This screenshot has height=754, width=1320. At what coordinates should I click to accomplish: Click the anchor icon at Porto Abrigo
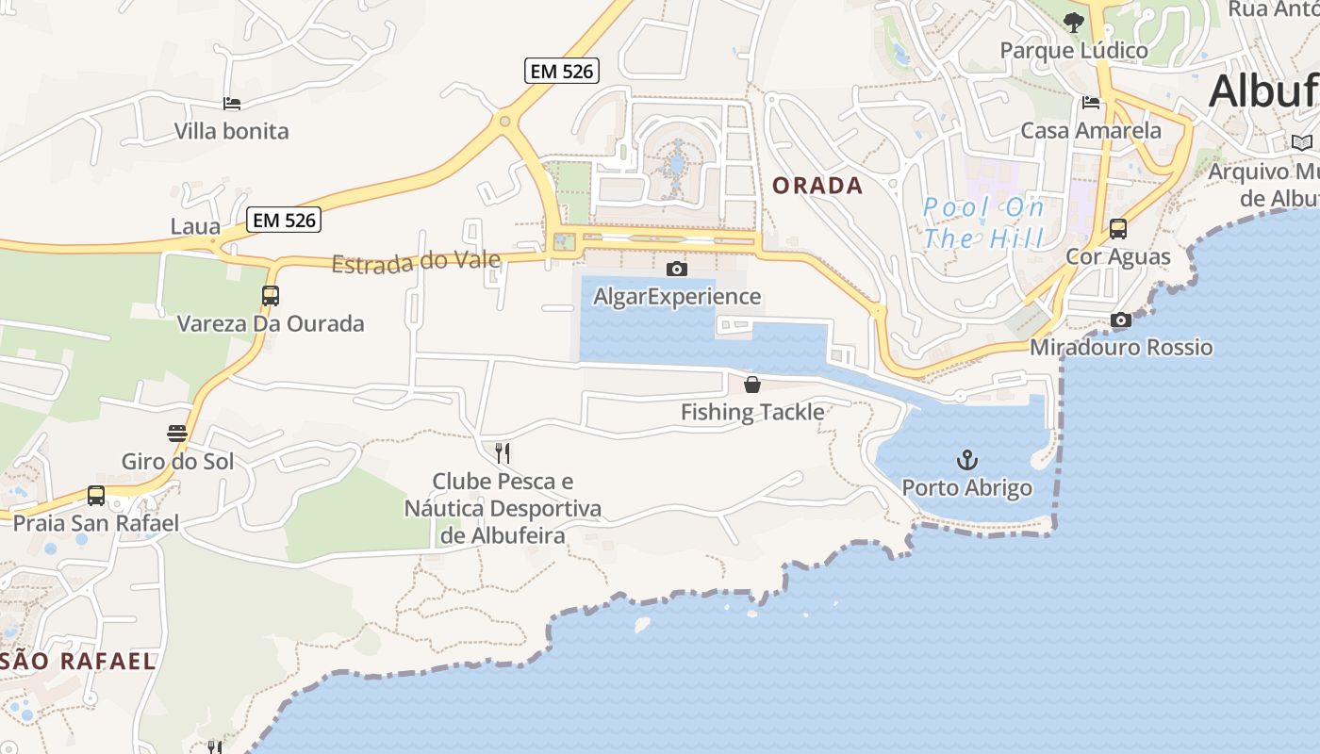pos(967,460)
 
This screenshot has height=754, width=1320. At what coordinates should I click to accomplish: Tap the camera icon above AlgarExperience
pos(676,269)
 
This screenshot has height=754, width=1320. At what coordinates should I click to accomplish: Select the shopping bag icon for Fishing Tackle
pos(752,384)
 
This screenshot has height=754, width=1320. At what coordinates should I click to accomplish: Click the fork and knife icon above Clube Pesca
pos(503,453)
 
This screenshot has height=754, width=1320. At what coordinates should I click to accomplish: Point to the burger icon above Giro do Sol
pos(177,434)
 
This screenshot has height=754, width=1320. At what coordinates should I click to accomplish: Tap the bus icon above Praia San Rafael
pos(96,495)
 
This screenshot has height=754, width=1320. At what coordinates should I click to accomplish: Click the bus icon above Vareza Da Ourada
pos(271,295)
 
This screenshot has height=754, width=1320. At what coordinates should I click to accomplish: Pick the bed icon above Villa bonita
pos(232,103)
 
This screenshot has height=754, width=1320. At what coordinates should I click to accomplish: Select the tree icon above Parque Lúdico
pos(1073,22)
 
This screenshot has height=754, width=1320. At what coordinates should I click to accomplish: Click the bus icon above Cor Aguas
pos(1118,228)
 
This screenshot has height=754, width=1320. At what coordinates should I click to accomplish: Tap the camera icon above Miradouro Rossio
pos(1121,320)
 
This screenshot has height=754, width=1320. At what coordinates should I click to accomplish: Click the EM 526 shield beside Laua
pos(285,221)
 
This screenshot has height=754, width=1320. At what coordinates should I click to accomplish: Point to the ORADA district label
pos(817,186)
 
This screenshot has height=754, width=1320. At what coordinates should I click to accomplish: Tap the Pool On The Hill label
pos(983,222)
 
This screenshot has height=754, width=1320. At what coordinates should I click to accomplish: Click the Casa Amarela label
pos(1091,130)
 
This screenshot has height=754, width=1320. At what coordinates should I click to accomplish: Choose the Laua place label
pos(195,227)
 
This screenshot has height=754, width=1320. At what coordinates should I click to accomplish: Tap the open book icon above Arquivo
pos(1302,142)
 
